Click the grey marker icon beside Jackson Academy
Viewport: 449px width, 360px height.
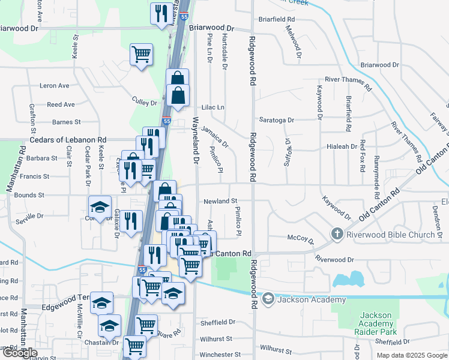coord(268,298)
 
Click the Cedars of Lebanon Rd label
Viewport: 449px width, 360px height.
coord(68,139)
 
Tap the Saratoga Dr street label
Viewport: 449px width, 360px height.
coord(277,120)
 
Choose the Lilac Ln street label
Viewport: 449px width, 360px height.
coord(212,107)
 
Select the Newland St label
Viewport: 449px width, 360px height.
coord(220,201)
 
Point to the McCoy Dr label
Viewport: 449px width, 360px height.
coord(301,239)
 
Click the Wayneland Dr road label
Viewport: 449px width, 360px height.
coord(194,141)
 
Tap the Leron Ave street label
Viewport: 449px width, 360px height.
coord(55,86)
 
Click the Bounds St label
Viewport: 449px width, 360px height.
coord(29,195)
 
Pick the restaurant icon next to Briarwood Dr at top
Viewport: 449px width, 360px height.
coord(160,14)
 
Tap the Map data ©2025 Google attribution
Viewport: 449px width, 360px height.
coord(411,355)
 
